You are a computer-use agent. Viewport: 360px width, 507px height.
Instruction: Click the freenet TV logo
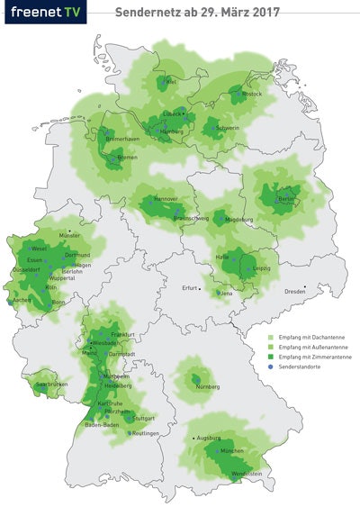[x=44, y=13]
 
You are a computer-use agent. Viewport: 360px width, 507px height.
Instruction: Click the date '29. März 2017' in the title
[x=243, y=13]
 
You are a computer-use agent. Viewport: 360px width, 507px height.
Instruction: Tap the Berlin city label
[x=287, y=198]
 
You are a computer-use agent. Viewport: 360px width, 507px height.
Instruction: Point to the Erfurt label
[x=189, y=288]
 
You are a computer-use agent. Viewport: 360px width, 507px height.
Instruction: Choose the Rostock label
[x=251, y=94]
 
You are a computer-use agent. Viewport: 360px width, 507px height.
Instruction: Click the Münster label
[x=69, y=235]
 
